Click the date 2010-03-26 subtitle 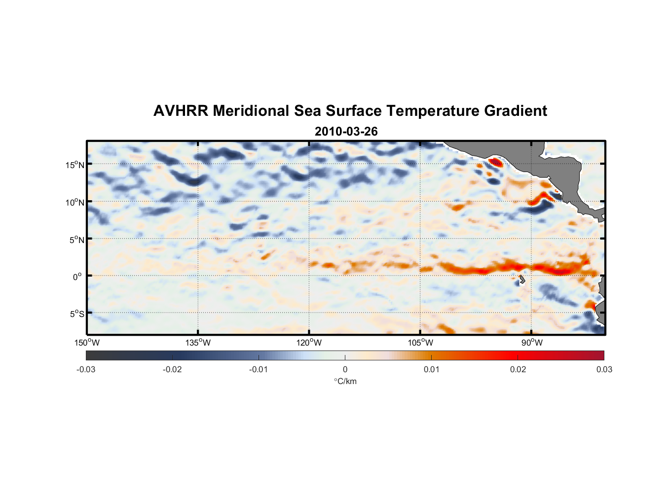[x=346, y=132]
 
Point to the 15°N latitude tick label [x=75, y=165]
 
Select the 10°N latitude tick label [x=75, y=202]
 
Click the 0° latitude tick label [x=77, y=277]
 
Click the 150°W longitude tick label [x=87, y=343]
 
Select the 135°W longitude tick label [x=198, y=343]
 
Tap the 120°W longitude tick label [x=309, y=343]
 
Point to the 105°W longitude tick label [x=420, y=343]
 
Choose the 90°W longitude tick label [x=532, y=343]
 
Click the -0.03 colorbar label [x=86, y=369]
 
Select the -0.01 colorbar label [x=259, y=369]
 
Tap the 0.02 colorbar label [x=518, y=369]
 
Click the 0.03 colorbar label [x=604, y=369]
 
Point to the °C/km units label [x=345, y=381]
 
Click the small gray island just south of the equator [x=522, y=280]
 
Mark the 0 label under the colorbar [x=345, y=369]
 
